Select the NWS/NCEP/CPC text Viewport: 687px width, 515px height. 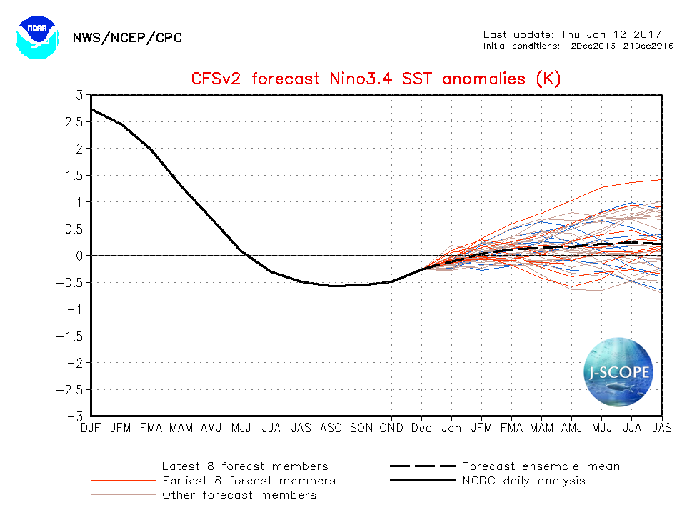click(127, 37)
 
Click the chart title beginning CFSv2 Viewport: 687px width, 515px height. click(376, 79)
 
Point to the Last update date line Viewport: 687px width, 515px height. click(572, 34)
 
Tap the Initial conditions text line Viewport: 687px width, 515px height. click(578, 46)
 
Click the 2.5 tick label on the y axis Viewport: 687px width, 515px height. click(74, 122)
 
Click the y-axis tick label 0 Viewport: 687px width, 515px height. click(79, 256)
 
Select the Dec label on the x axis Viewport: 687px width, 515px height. click(421, 429)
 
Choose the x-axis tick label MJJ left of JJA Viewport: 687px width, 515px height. click(241, 429)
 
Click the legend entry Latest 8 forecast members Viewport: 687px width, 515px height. click(245, 466)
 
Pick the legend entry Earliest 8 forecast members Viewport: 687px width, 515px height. click(249, 481)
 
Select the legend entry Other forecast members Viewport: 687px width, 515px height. click(239, 495)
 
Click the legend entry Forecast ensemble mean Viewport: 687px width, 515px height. click(541, 466)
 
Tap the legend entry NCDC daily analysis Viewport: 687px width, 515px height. click(523, 481)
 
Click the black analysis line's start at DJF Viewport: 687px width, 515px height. click(93, 109)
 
